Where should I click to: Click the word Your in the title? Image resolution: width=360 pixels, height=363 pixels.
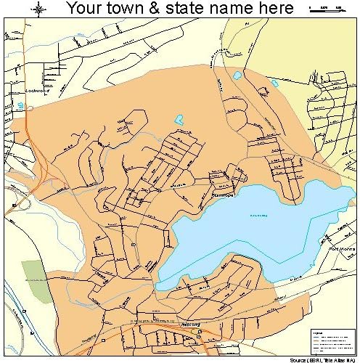83,9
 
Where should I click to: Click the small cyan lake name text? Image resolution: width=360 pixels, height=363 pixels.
259,215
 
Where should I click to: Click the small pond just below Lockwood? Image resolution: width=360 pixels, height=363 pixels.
21,106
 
